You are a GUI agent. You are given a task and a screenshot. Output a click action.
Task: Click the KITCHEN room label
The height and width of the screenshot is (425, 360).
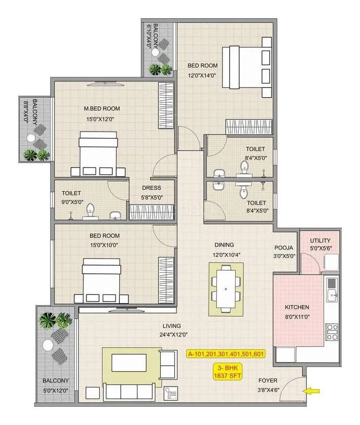297,307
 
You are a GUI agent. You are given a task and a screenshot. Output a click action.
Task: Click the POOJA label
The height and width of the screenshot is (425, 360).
284,248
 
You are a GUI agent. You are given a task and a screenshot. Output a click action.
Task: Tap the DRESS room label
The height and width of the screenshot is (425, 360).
152,188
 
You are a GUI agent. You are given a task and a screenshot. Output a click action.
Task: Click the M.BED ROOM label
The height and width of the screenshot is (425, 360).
102,108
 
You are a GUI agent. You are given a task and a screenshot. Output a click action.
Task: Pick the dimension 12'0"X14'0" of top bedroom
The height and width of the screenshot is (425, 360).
202,75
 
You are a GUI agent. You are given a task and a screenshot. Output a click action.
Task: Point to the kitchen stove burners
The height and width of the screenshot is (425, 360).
332,332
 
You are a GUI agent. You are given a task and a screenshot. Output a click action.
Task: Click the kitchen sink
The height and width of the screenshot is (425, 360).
332,293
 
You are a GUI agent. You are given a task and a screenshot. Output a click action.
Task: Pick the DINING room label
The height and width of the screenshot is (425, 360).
223,244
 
